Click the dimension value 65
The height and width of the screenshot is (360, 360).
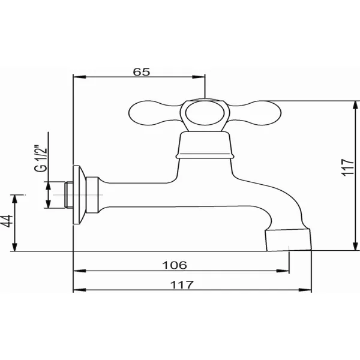[142, 72]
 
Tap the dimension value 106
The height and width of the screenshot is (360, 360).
[175, 265]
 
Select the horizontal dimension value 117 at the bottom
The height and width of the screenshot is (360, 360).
[182, 285]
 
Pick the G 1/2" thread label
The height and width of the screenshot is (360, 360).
[41, 158]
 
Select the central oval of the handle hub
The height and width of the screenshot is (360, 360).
[205, 113]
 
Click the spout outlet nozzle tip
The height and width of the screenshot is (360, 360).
[289, 239]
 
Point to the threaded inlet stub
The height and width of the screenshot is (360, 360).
[68, 194]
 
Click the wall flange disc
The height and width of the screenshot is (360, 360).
[79, 194]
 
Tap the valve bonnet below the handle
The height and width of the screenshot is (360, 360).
[205, 143]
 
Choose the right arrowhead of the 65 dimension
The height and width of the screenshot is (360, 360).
[199, 77]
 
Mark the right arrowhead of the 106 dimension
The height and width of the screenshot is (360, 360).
[283, 271]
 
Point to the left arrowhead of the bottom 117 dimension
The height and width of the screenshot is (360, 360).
[79, 290]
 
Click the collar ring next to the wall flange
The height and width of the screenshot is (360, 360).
[92, 194]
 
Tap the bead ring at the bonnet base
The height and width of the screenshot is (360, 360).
[205, 157]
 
